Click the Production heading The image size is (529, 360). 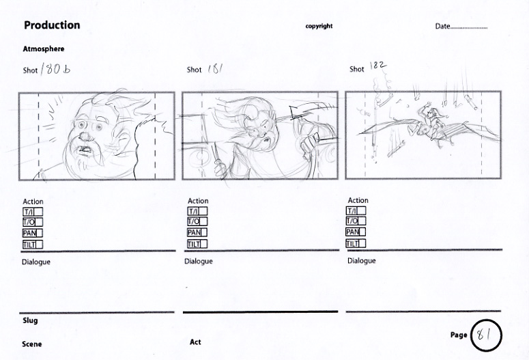coord(52,25)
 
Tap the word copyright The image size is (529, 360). coord(319,26)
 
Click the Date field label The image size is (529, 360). coord(442,26)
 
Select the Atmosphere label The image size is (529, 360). coord(44,49)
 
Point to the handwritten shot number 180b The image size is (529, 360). coord(55,69)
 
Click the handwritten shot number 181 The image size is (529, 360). coord(215,69)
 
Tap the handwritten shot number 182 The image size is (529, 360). coord(378,65)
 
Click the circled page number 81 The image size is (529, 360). coord(486,335)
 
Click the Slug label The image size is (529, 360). coord(30,320)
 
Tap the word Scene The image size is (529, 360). coord(31,344)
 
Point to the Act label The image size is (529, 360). coord(195,342)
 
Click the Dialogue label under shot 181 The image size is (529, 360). coord(199,262)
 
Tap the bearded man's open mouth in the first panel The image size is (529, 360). coord(86,151)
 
